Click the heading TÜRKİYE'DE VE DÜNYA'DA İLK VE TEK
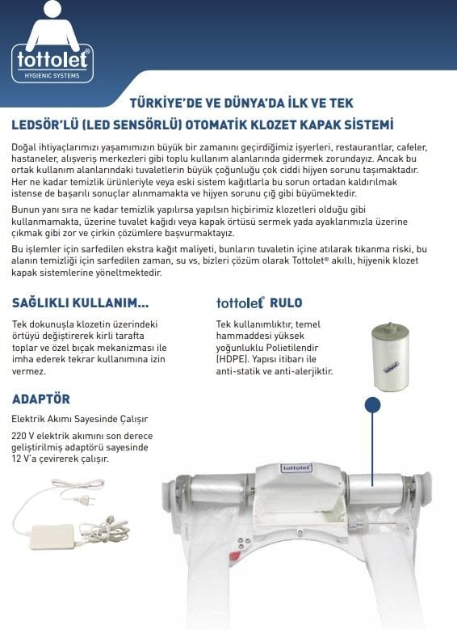pos(241,104)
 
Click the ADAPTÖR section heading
pos(41,399)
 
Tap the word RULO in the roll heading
pos(287,303)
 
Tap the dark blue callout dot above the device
pos(373,404)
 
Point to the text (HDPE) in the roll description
pos(233,358)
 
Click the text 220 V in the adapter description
pos(24,435)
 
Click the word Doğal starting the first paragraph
pos(25,147)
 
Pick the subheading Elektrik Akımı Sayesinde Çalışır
pos(80,419)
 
